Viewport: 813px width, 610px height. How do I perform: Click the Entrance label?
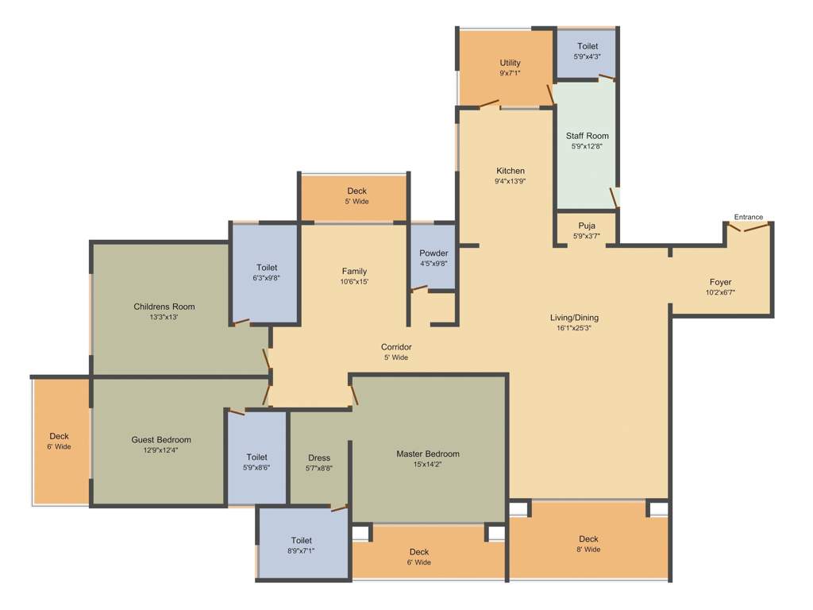click(748, 217)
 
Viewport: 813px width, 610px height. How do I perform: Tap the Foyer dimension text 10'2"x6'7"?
click(720, 292)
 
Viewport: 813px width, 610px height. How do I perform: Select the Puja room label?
click(586, 226)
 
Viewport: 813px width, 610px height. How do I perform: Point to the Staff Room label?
click(587, 136)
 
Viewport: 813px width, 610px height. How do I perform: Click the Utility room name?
click(510, 63)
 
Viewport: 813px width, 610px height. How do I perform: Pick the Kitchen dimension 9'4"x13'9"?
click(510, 181)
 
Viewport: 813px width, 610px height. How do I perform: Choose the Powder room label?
click(433, 253)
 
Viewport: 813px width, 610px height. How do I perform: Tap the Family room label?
click(354, 271)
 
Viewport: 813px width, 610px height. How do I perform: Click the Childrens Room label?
click(164, 307)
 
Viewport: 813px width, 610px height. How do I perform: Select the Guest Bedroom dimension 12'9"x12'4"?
click(161, 450)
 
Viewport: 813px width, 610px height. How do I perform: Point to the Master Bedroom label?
click(428, 454)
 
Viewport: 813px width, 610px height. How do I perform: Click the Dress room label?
click(319, 457)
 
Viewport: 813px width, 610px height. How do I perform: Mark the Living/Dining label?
click(574, 318)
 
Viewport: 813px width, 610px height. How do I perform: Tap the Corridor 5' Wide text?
click(395, 357)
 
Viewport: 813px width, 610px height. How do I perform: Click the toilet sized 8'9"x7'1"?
click(301, 545)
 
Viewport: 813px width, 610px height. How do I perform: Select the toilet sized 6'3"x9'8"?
click(267, 272)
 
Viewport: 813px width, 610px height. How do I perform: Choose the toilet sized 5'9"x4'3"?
click(588, 52)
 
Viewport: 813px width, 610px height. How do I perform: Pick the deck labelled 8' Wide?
click(588, 544)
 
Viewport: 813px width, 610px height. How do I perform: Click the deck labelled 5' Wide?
click(356, 196)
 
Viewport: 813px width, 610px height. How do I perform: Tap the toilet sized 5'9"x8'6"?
click(256, 462)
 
